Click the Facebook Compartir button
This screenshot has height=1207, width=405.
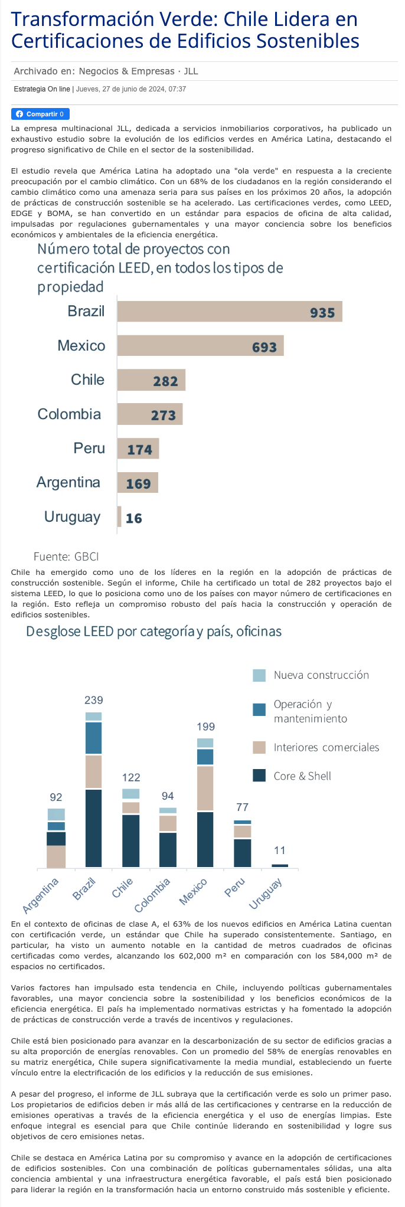(x=40, y=114)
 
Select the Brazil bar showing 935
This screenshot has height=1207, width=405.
(x=229, y=311)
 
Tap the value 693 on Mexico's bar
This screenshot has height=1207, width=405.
(x=264, y=347)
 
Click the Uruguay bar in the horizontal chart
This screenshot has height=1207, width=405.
(x=119, y=516)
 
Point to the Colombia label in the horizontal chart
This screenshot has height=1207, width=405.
(x=69, y=414)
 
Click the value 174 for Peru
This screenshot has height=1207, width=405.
(x=140, y=450)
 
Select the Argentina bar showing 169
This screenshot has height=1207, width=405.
(x=138, y=483)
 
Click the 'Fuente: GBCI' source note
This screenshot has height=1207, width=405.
(x=66, y=557)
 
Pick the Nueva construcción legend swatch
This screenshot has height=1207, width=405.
(x=259, y=675)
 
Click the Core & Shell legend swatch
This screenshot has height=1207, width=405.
(x=259, y=776)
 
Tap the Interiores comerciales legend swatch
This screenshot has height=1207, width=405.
(x=259, y=747)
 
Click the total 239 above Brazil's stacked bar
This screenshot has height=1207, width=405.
(x=94, y=701)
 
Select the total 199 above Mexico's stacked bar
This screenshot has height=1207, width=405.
(x=206, y=727)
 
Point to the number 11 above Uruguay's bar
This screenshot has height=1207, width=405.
(x=280, y=851)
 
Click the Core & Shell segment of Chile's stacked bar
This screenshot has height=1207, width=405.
(x=131, y=840)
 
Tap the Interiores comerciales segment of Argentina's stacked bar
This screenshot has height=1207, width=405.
(x=56, y=856)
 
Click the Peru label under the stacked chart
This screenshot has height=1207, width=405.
(x=235, y=887)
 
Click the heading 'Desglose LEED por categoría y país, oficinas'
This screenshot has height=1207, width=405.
(x=153, y=632)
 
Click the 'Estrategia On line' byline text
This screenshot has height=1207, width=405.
(x=41, y=89)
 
